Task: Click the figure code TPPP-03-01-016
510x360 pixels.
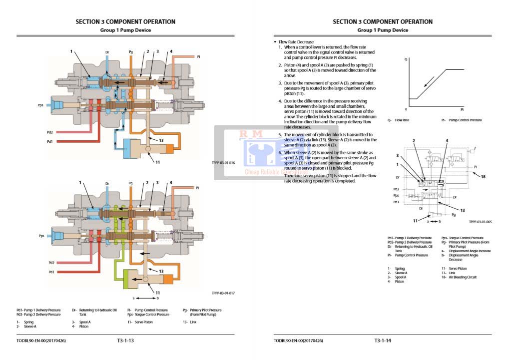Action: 223,163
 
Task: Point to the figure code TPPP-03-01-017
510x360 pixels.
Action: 223,293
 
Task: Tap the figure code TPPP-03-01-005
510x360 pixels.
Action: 480,222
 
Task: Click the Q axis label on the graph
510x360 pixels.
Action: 406,59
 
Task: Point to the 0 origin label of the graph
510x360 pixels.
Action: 406,108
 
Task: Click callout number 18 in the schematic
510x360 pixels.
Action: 483,176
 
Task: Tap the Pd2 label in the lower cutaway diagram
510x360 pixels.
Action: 51,263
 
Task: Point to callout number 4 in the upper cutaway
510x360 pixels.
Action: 171,51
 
